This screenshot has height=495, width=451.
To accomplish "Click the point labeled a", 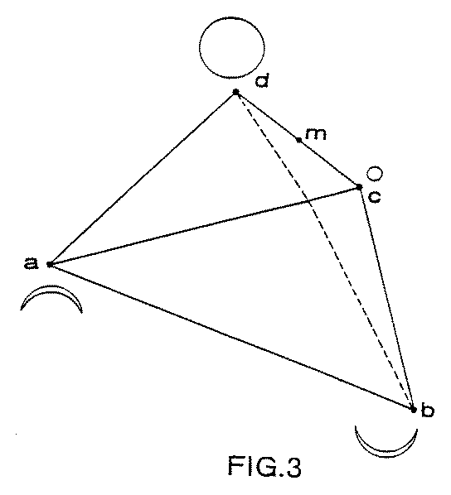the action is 50,264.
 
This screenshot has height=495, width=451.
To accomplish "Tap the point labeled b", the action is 413,410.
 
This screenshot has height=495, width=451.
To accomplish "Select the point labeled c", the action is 359,187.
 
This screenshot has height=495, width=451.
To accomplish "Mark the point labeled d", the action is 235,92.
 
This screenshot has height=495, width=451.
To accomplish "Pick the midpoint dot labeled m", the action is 298,139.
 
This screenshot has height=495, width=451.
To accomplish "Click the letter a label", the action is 31,263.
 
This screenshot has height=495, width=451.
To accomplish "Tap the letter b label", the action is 427,410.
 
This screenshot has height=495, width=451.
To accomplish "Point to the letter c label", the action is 374,197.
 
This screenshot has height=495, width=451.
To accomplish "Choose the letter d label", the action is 262,80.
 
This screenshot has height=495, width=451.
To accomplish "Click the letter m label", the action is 315,134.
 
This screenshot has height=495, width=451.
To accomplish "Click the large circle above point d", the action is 232,17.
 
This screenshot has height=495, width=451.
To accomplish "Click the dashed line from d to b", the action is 324,251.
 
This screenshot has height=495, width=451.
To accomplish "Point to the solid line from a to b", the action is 231,337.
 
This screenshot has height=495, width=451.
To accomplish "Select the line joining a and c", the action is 204,226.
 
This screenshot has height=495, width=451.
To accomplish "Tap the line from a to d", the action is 143,178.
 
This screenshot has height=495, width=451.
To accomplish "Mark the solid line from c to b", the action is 386,298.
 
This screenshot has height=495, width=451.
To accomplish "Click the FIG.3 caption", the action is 264,466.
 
